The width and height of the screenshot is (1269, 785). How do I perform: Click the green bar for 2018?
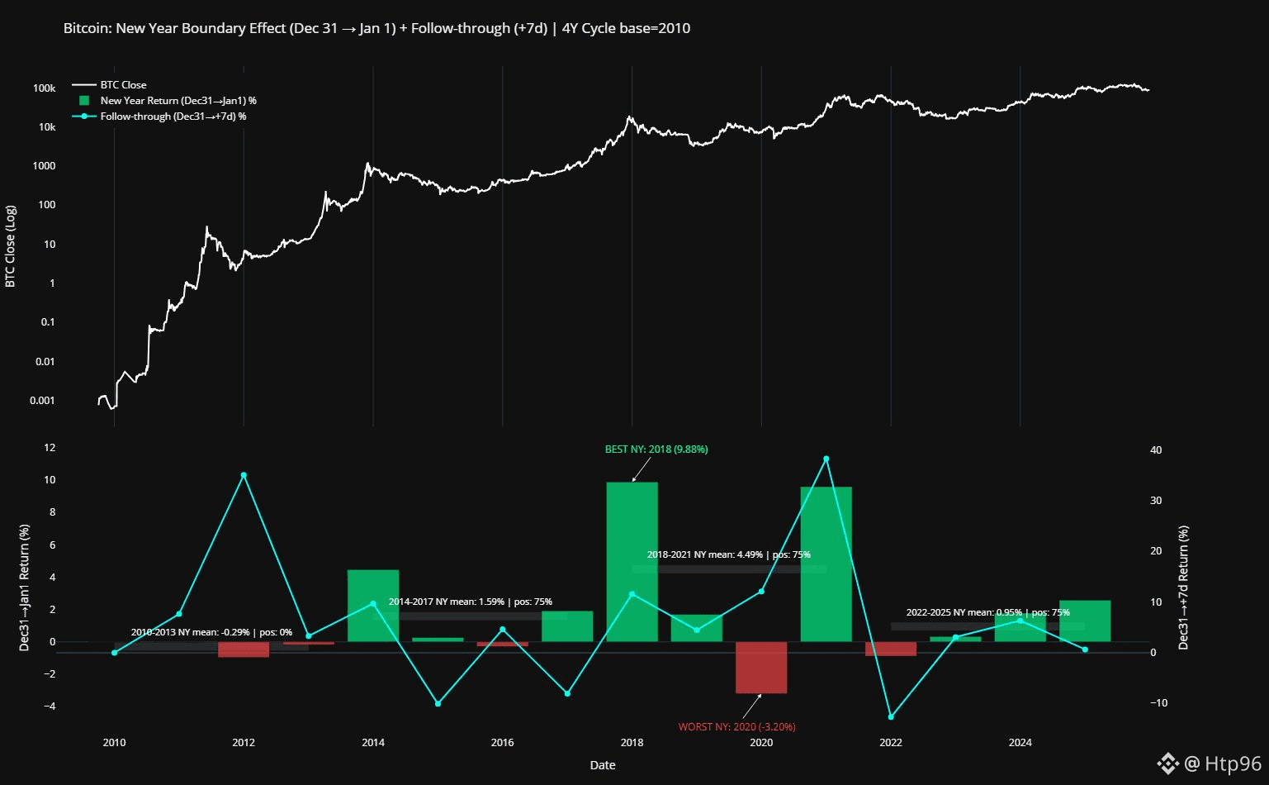point(632,562)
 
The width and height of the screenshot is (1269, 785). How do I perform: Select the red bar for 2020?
point(761,668)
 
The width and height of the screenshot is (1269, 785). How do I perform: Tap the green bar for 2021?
point(826,564)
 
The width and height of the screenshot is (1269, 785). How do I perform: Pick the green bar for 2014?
point(373,606)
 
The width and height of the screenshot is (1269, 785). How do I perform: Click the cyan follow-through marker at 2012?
point(244,475)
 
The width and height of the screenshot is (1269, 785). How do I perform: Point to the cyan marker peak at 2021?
point(826,459)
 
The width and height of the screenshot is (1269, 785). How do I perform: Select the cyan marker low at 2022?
point(891,716)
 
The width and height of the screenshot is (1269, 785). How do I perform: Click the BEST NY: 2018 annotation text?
point(656,450)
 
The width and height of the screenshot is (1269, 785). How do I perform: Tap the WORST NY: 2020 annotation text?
point(736,727)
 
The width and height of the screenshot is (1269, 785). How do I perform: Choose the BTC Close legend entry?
point(123,85)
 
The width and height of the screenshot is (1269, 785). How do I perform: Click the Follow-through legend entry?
point(173,117)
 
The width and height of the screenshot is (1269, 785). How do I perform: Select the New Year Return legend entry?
point(178,101)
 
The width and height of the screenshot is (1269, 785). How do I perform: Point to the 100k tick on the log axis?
point(45,88)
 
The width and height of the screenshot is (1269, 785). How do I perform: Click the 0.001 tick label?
point(42,401)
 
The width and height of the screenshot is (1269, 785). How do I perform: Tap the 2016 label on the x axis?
point(502,742)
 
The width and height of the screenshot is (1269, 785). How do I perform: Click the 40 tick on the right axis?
point(1156,450)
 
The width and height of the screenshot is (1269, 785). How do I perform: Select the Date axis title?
point(603,765)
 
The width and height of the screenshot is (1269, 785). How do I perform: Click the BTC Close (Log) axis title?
point(11,246)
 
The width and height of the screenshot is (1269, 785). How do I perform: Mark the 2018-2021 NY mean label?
point(728,554)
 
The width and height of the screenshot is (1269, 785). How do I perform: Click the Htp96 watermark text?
point(1233,764)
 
